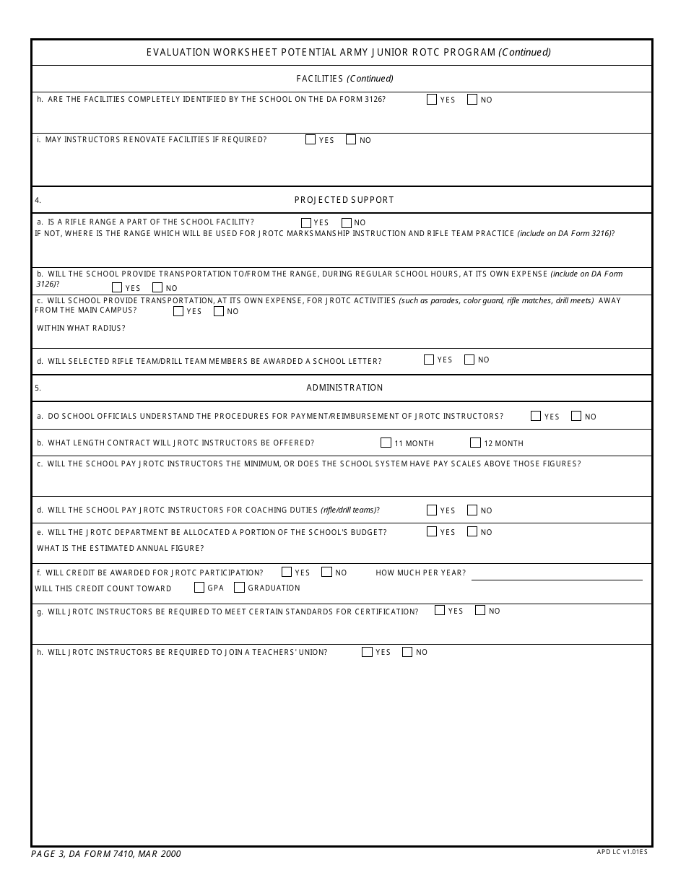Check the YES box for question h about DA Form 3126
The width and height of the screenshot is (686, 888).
click(x=432, y=100)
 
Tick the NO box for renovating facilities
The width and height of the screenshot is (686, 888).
click(x=351, y=139)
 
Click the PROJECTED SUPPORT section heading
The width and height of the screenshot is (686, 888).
click(x=344, y=200)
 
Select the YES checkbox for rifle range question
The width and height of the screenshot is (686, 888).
click(x=306, y=223)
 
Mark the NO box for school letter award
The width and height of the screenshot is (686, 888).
click(x=469, y=360)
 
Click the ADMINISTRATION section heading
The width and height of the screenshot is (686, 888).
click(x=344, y=388)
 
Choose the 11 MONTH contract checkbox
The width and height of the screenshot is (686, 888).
click(x=386, y=443)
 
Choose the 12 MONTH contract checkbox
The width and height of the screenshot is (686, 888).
click(x=475, y=443)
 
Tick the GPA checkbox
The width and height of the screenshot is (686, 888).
click(x=199, y=588)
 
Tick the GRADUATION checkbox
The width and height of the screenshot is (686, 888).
click(x=240, y=588)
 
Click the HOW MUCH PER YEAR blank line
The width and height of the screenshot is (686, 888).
click(x=556, y=574)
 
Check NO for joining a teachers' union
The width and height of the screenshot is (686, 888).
click(x=407, y=652)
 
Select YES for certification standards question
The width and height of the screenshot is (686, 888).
click(x=440, y=610)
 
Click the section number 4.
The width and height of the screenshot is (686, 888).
click(x=38, y=200)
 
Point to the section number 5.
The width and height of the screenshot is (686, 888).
click(x=38, y=388)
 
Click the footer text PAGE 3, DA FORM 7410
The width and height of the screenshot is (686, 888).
click(x=106, y=854)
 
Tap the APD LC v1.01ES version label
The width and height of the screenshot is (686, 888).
click(x=622, y=852)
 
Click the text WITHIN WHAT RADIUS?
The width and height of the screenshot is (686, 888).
click(x=81, y=328)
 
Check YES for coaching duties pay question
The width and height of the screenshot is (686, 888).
click(x=432, y=510)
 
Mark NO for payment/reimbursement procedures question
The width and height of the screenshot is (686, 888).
click(x=576, y=416)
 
